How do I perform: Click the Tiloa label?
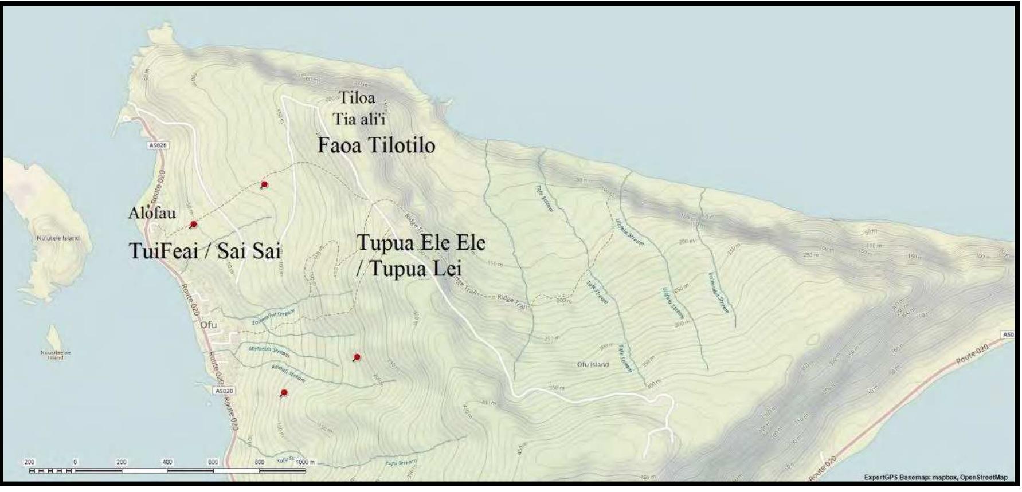coord(357,97)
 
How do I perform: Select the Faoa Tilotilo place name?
coord(376,145)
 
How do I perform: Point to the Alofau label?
coord(152,212)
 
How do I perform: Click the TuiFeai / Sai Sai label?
coord(205,250)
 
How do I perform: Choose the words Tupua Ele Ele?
coord(421,242)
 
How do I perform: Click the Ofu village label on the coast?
coord(209,325)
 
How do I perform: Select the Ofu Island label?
coord(593,364)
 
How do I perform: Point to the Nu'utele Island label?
coord(58,238)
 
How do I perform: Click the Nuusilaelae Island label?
coord(56,355)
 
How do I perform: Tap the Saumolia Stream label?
coord(273,317)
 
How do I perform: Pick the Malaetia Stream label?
coord(269,351)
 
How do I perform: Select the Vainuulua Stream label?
coord(719,292)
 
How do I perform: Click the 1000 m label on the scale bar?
coord(304,462)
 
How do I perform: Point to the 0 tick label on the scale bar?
coord(75,462)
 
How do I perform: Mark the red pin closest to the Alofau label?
coord(193,224)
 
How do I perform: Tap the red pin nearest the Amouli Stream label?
coord(284,393)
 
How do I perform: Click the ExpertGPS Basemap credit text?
coord(935,477)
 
